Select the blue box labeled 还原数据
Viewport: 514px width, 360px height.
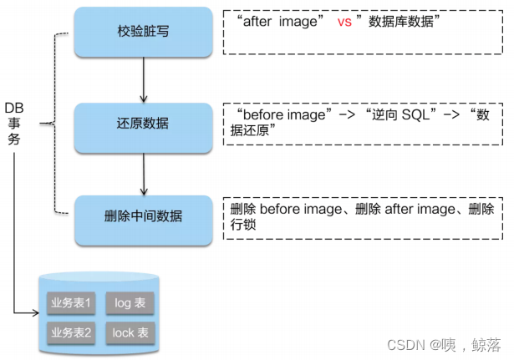pyautogui.click(x=144, y=124)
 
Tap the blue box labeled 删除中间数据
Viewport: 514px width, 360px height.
pyautogui.click(x=144, y=216)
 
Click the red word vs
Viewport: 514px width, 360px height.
pyautogui.click(x=344, y=23)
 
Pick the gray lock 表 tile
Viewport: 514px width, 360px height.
pyautogui.click(x=130, y=332)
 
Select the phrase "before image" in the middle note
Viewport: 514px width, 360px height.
pyautogui.click(x=279, y=114)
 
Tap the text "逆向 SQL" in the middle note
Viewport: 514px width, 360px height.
pyautogui.click(x=398, y=114)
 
